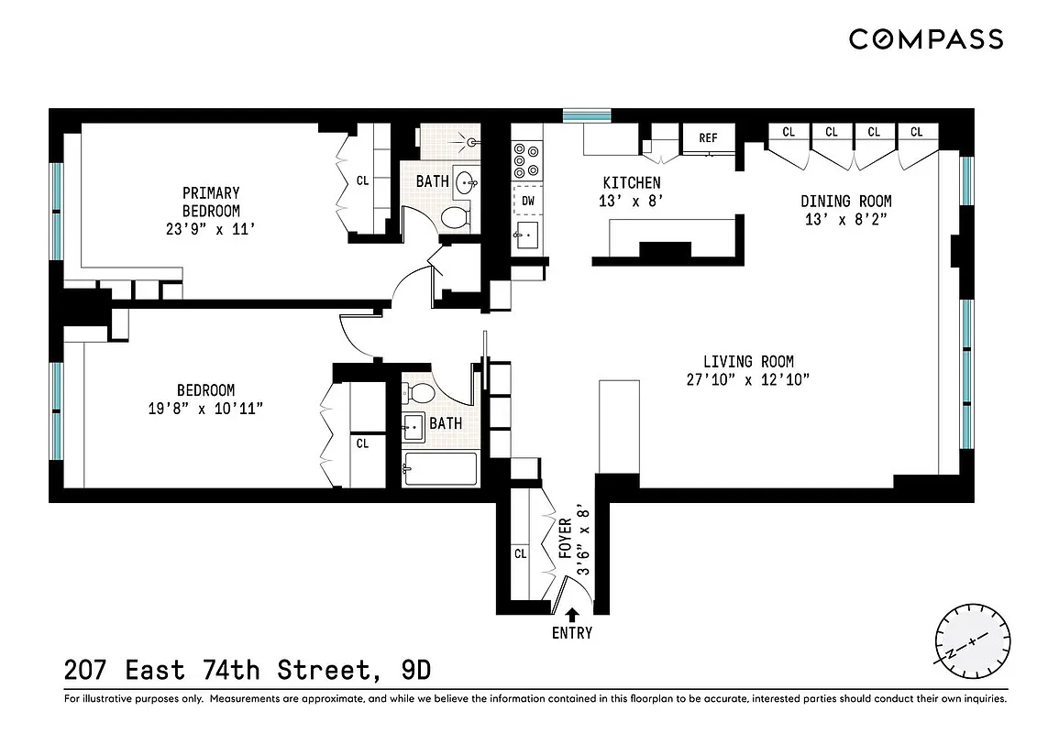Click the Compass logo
[925, 39]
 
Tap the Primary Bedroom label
[211, 202]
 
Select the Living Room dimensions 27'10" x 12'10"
[748, 378]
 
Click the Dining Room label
[845, 202]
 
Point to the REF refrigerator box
[708, 138]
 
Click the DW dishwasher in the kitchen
[528, 200]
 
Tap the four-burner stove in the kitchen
[526, 159]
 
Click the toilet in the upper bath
[455, 218]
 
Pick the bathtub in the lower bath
[441, 470]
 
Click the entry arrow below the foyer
[572, 614]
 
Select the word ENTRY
[572, 633]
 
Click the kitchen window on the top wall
[587, 115]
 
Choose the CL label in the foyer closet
[521, 553]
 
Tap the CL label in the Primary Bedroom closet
[362, 181]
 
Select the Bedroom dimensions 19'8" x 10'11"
[207, 407]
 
